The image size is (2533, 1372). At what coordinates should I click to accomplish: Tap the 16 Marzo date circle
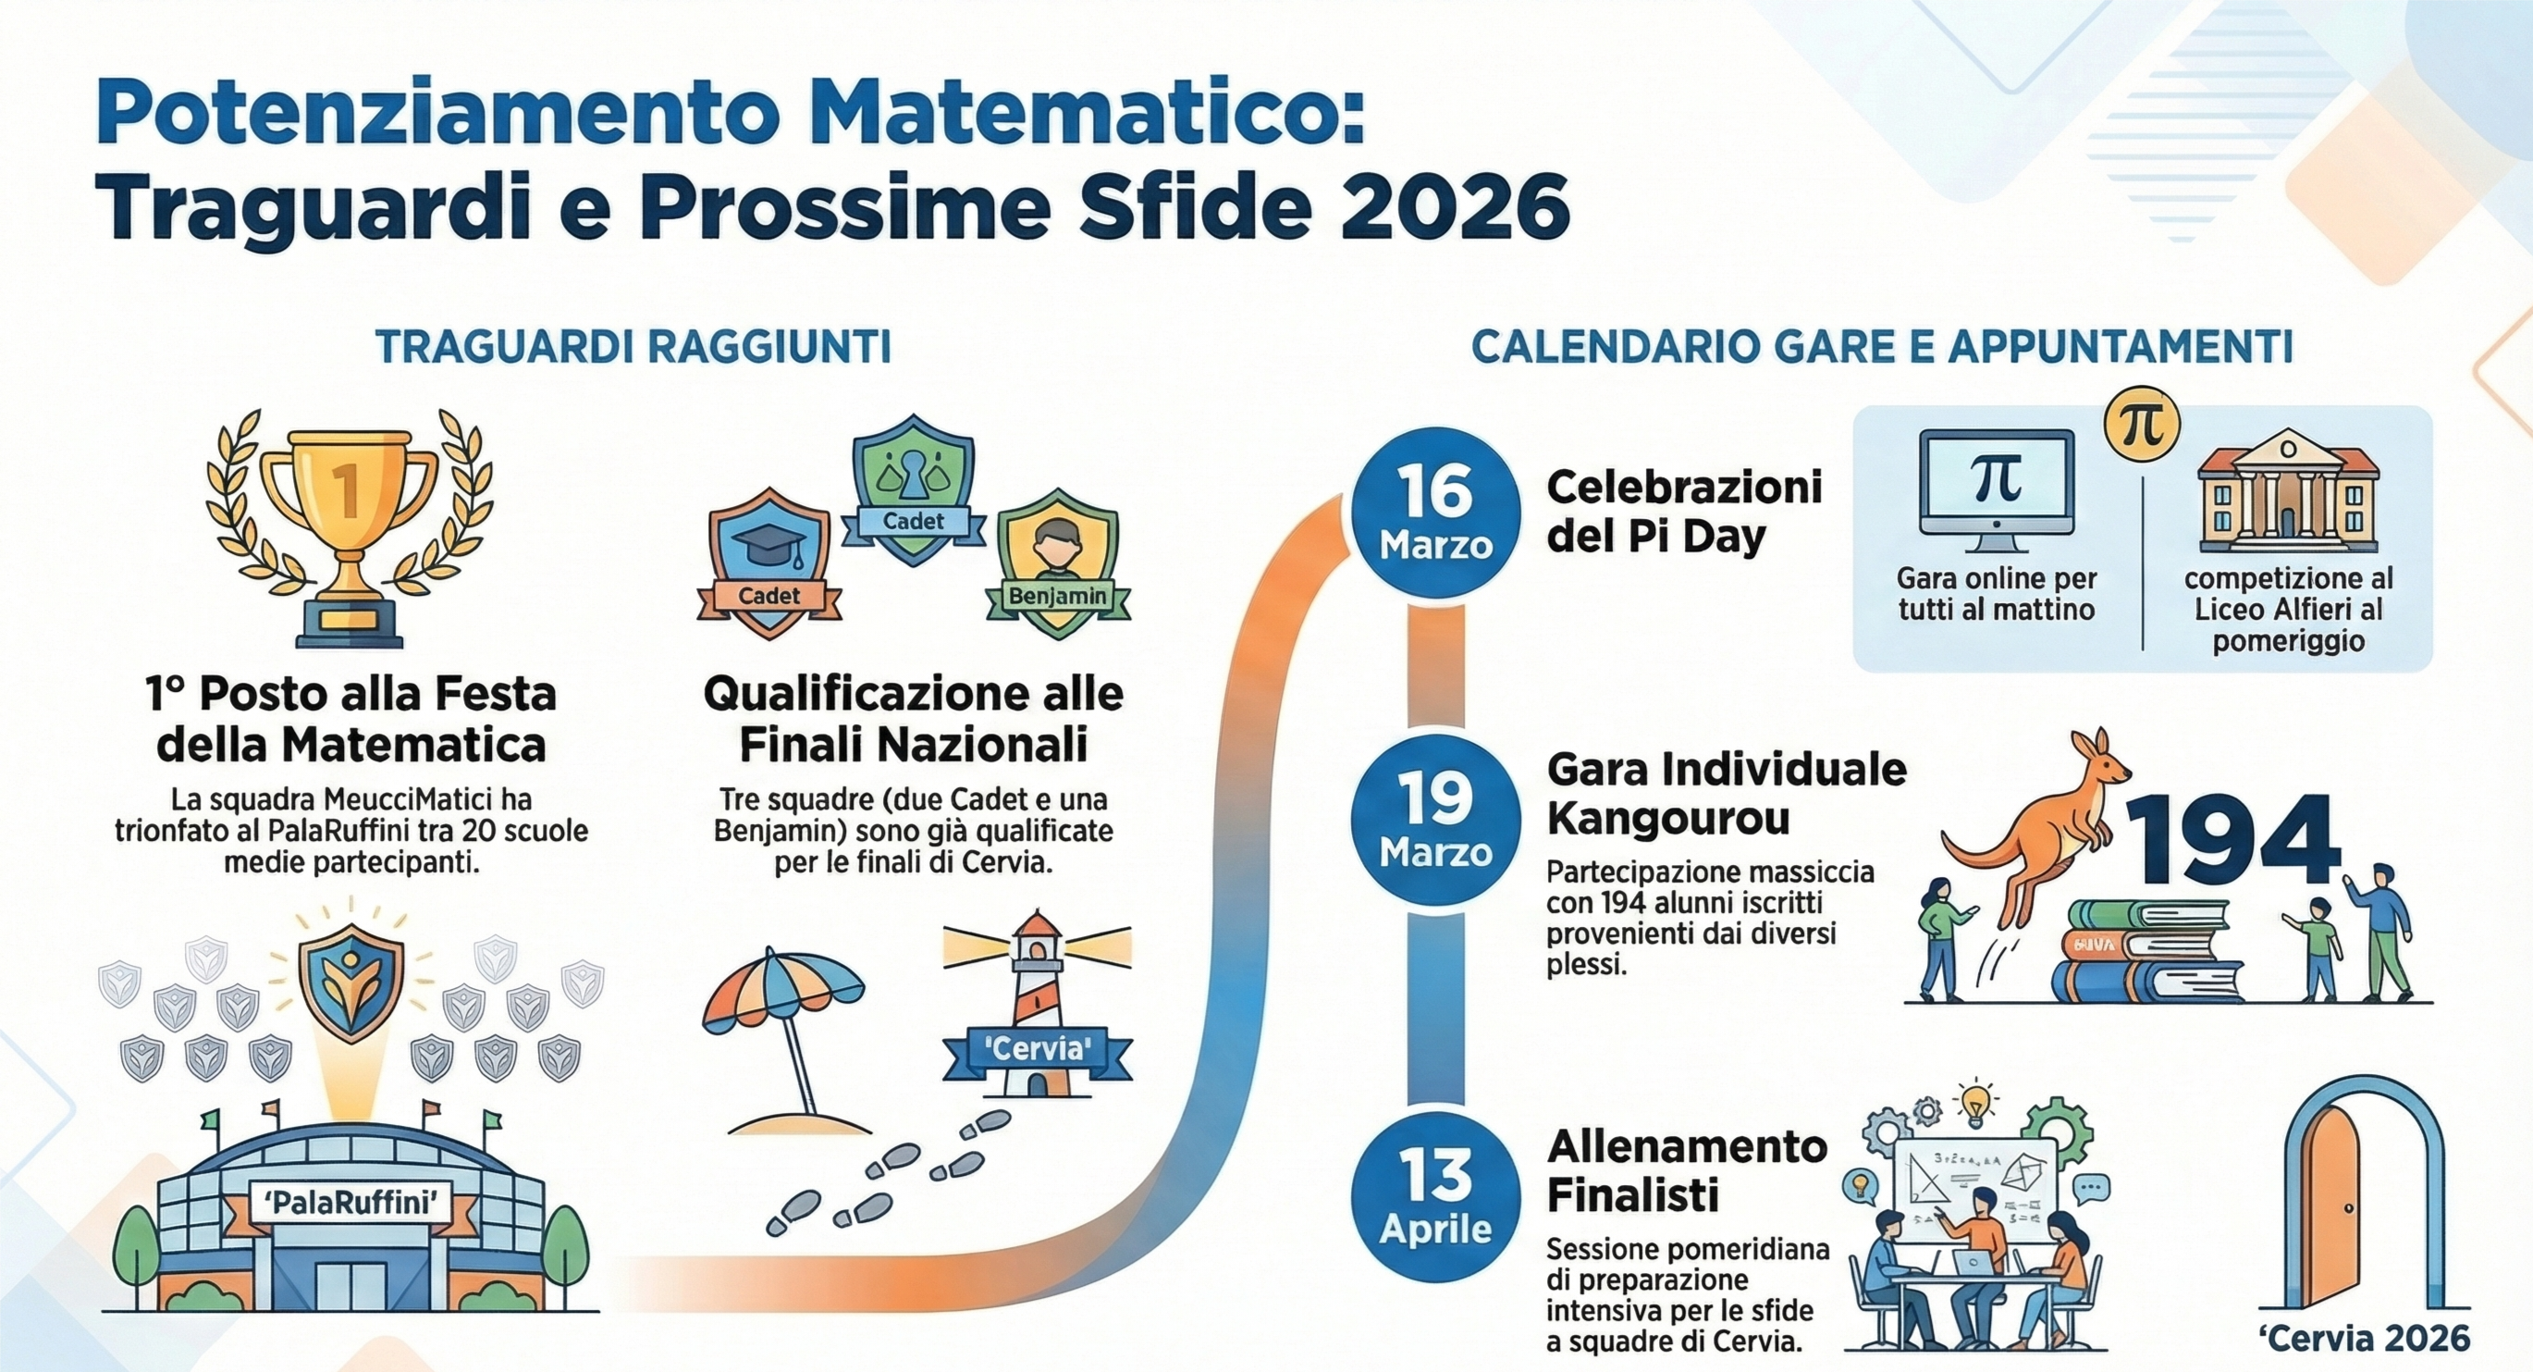tap(1435, 513)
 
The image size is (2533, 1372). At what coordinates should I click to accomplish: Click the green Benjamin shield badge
tap(1058, 571)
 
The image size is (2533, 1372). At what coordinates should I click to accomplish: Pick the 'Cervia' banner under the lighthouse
tap(1038, 1048)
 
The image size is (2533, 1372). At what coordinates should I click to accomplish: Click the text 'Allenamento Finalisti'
tap(1687, 1171)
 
